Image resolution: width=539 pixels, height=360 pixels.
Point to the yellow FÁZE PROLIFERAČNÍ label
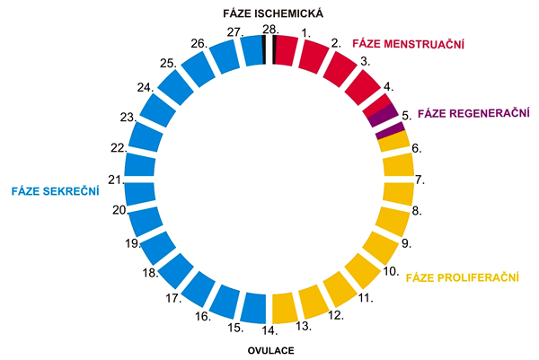point(464,277)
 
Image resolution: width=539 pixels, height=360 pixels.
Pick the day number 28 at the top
point(269,29)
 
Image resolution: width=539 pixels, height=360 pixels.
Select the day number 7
point(419,179)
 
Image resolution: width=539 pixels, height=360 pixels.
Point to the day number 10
point(391,270)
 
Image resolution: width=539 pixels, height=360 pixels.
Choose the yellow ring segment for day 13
point(284,307)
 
